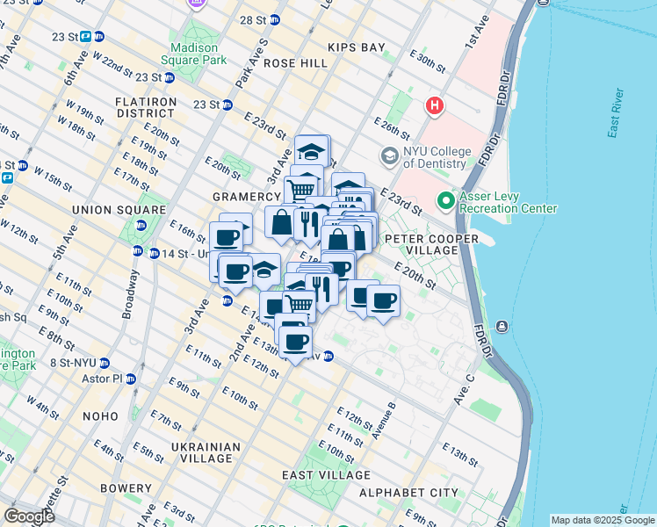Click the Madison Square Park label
point(194,54)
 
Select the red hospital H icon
point(434,106)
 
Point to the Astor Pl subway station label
point(108,379)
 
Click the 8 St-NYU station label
point(77,362)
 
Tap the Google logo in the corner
point(29,516)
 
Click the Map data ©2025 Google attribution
point(602,520)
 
